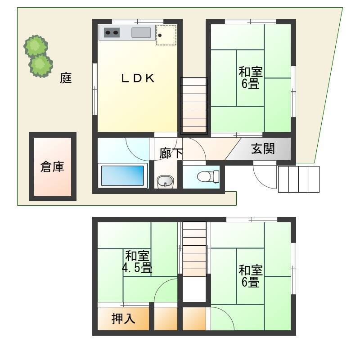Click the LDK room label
click(x=138, y=78)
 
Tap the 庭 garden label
click(x=66, y=78)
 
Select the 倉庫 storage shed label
click(x=52, y=166)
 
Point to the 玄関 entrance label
click(x=263, y=149)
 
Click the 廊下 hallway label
click(x=171, y=153)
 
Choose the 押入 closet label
click(x=123, y=319)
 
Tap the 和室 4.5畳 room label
click(x=137, y=262)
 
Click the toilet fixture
click(x=208, y=176)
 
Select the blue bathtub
click(x=122, y=175)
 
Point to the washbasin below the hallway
click(x=165, y=182)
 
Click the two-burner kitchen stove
click(x=112, y=32)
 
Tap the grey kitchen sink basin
click(x=141, y=32)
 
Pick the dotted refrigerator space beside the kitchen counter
click(x=166, y=35)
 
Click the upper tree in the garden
click(x=36, y=46)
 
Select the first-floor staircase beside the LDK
click(x=194, y=106)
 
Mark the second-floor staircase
click(x=194, y=249)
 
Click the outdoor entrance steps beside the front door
click(x=299, y=179)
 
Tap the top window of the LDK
click(x=138, y=22)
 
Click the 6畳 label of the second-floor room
click(x=251, y=282)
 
